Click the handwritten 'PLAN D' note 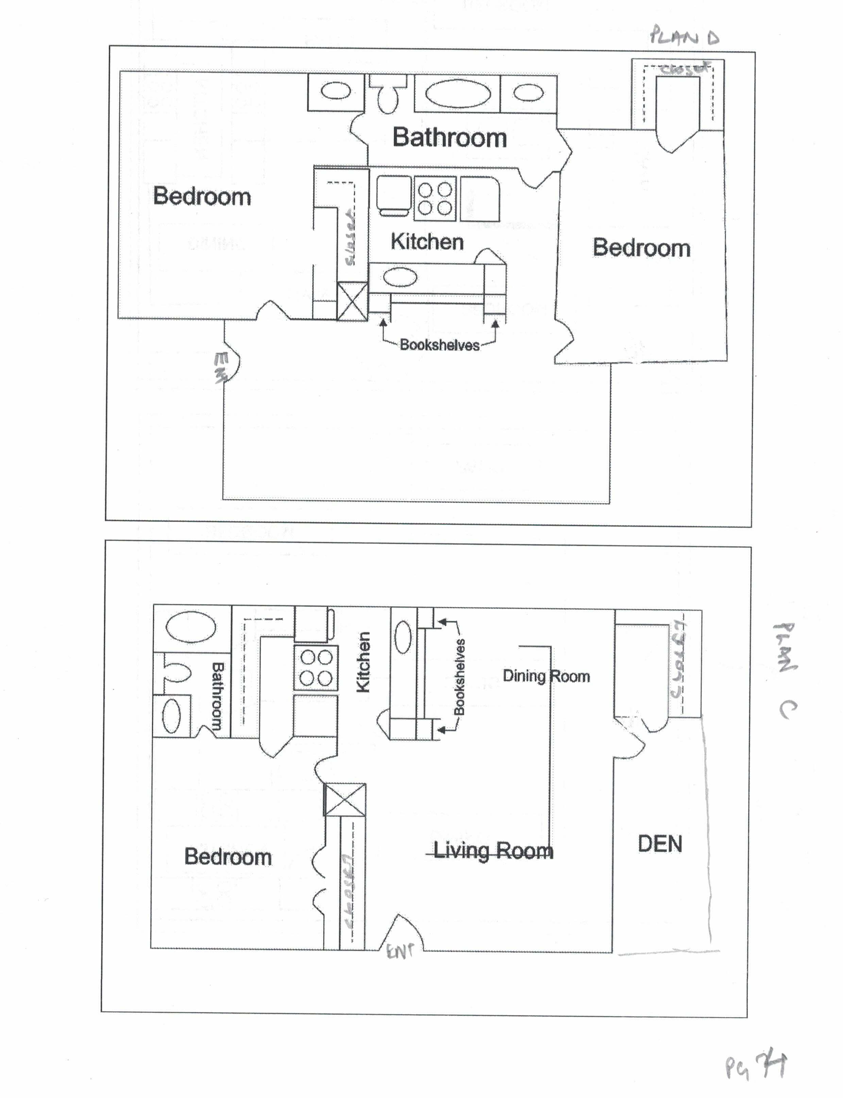[x=685, y=37]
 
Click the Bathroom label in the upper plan [x=450, y=137]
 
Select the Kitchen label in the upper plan [x=427, y=242]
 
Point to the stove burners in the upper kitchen [x=435, y=199]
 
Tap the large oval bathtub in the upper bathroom [x=458, y=93]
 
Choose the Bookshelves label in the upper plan [x=440, y=345]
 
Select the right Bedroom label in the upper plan [x=641, y=248]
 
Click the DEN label [x=660, y=844]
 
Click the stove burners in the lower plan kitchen [x=316, y=668]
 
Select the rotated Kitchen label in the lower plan [x=363, y=662]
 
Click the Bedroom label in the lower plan [x=228, y=856]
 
